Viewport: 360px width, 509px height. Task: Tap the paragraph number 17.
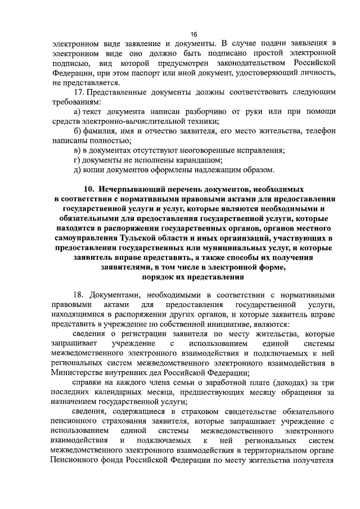pyautogui.click(x=80, y=92)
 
